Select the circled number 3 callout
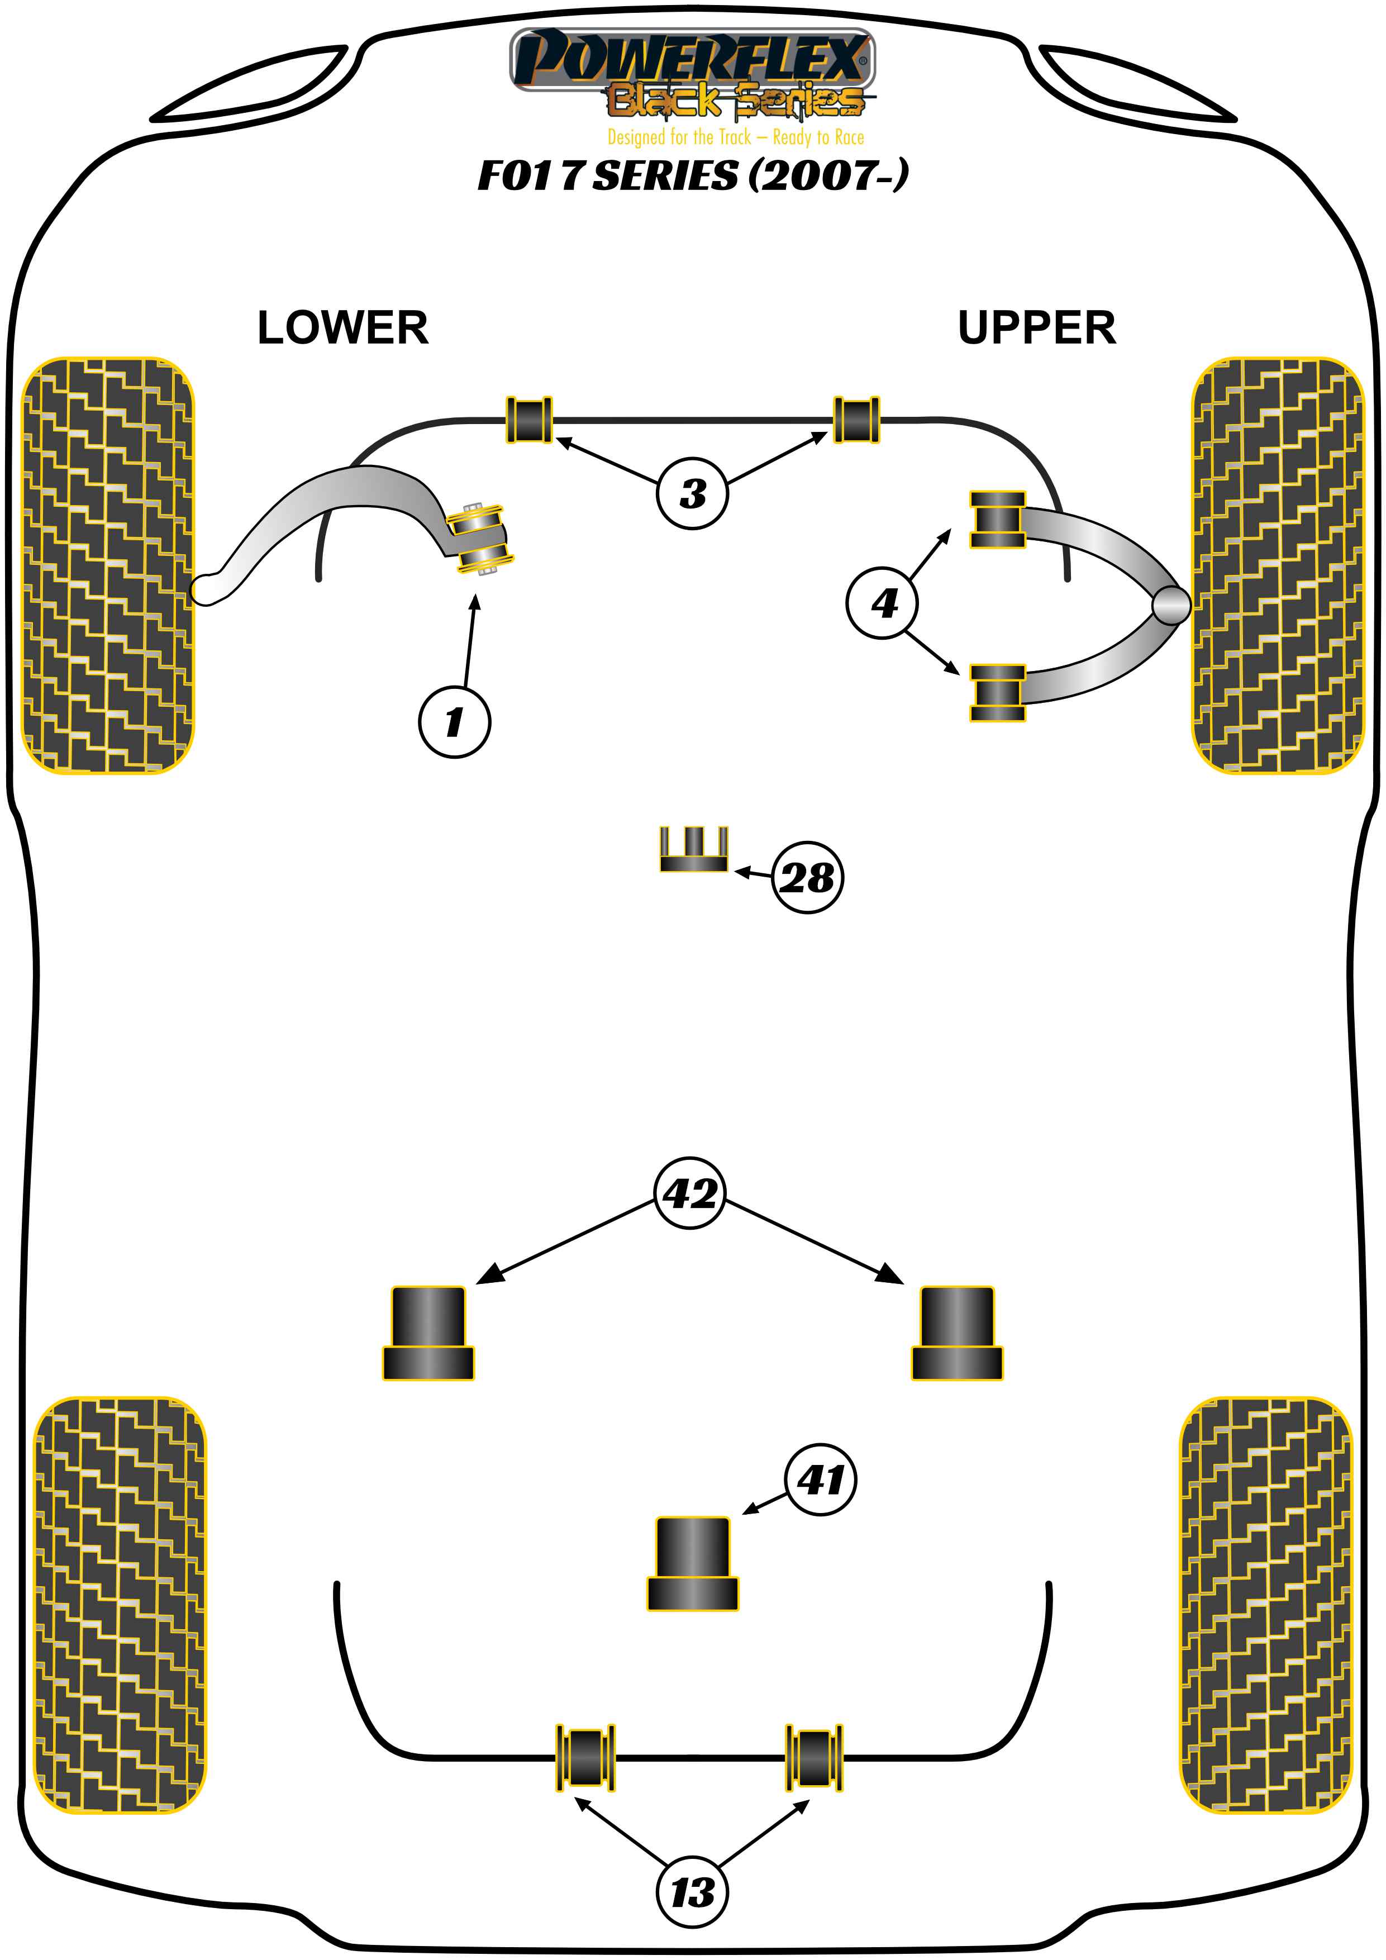pos(692,493)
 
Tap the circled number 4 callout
pos(883,603)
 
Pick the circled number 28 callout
pos(807,878)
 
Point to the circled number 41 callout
pos(820,1479)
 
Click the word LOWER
pos(342,328)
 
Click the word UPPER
pos(1036,328)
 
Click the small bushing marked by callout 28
pos(693,850)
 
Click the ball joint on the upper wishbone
pos(1170,605)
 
